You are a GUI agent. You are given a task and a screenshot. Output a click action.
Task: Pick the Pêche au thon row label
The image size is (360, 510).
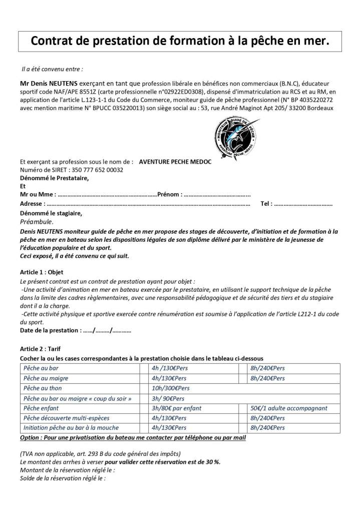click(46, 388)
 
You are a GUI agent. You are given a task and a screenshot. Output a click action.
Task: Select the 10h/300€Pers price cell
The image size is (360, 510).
click(170, 388)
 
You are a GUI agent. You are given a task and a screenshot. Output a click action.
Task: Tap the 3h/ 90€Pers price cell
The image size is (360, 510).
click(168, 398)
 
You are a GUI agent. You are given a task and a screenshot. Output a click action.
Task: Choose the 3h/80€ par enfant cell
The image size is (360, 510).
click(176, 408)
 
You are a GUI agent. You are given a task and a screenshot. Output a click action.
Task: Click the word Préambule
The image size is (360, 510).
click(36, 221)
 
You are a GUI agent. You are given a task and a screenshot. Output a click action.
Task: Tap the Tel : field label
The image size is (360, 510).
click(266, 204)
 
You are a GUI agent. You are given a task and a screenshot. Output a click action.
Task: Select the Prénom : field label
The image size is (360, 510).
click(170, 195)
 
